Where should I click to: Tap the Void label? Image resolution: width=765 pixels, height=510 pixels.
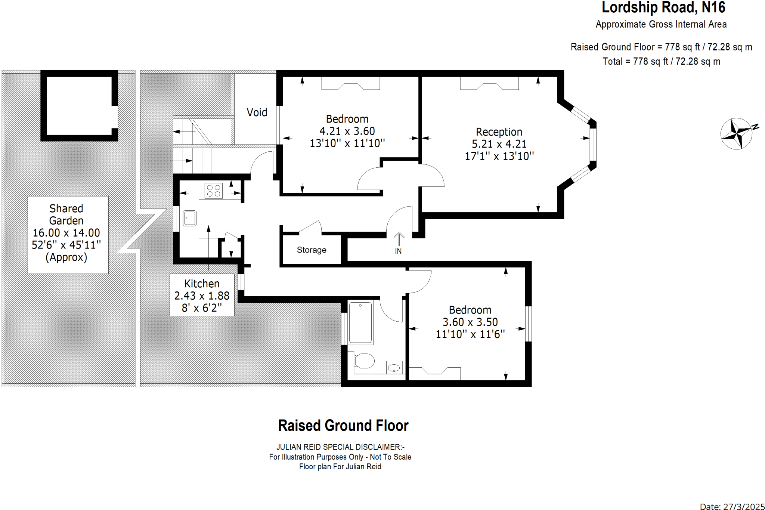pyautogui.click(x=257, y=112)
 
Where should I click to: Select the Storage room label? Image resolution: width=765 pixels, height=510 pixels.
pyautogui.click(x=312, y=250)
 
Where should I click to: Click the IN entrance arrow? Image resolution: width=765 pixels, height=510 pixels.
pyautogui.click(x=399, y=239)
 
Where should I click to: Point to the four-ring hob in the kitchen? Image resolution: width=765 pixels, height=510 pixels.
pyautogui.click(x=213, y=190)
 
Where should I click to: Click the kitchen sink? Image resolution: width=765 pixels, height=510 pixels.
pyautogui.click(x=190, y=218)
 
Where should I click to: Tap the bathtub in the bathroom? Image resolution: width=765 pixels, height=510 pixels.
pyautogui.click(x=360, y=322)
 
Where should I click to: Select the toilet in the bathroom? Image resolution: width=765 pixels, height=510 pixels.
pyautogui.click(x=364, y=361)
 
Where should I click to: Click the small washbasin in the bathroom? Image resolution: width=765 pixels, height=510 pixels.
pyautogui.click(x=394, y=367)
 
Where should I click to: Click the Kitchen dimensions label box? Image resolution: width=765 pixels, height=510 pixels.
pyautogui.click(x=202, y=295)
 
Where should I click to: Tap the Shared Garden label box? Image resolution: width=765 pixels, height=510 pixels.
pyautogui.click(x=68, y=235)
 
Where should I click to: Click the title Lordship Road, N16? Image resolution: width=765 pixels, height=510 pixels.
pyautogui.click(x=663, y=7)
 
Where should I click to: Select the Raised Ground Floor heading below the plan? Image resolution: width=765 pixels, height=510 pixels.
pyautogui.click(x=343, y=426)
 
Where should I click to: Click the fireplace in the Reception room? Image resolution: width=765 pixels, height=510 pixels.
pyautogui.click(x=489, y=83)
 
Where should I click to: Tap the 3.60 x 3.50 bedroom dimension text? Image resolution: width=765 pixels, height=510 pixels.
pyautogui.click(x=470, y=322)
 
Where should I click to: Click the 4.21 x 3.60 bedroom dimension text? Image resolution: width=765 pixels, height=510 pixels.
pyautogui.click(x=347, y=131)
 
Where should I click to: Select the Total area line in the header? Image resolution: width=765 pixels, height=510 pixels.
pyautogui.click(x=662, y=62)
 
